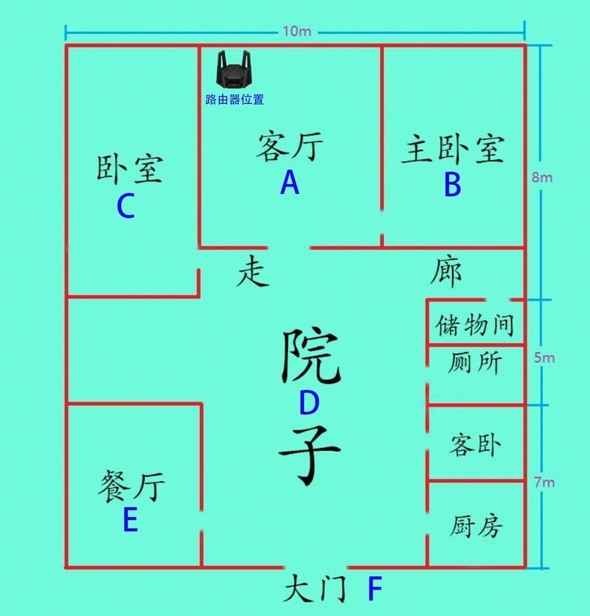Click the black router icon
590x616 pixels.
click(234, 69)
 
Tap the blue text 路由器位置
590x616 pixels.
click(235, 99)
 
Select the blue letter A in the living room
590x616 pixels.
click(290, 183)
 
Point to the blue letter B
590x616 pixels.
click(452, 185)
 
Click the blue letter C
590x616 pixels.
click(126, 206)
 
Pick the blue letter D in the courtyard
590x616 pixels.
click(309, 402)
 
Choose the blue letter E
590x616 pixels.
click(131, 519)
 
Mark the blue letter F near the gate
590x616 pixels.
click(375, 588)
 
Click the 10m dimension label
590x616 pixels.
click(297, 32)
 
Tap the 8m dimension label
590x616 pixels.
click(542, 178)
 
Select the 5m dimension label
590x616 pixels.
click(544, 358)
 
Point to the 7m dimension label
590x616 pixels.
click(544, 482)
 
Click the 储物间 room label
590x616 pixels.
click(475, 325)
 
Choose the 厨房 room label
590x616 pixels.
click(476, 526)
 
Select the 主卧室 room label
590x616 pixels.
click(453, 149)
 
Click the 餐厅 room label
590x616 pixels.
click(131, 486)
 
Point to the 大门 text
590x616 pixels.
click(316, 588)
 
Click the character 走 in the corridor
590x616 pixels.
click(252, 271)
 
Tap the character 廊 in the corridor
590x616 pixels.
click(445, 272)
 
